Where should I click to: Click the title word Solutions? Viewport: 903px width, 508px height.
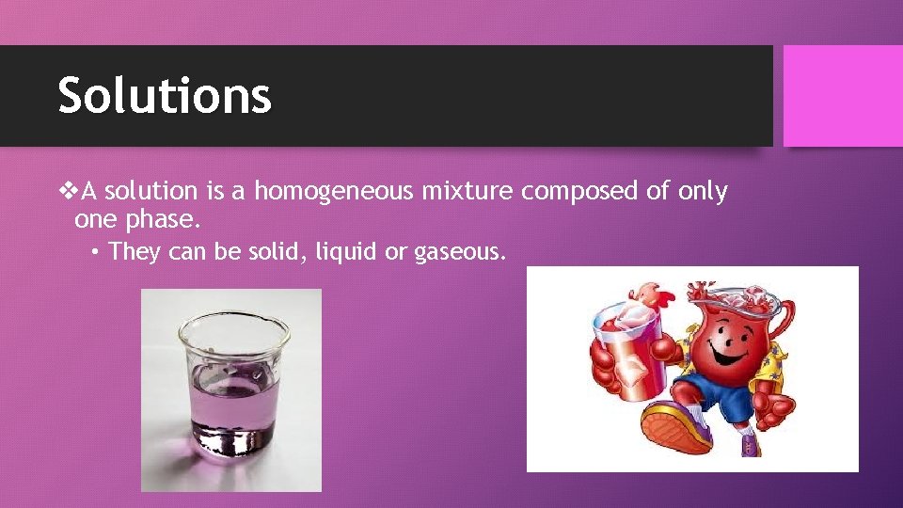pos(165,96)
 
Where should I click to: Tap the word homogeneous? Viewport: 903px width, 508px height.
pos(334,192)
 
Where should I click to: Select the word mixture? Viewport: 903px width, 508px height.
pos(467,192)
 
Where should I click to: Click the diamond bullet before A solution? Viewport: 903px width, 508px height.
pos(70,192)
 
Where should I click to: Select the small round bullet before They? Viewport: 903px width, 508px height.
pos(97,252)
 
